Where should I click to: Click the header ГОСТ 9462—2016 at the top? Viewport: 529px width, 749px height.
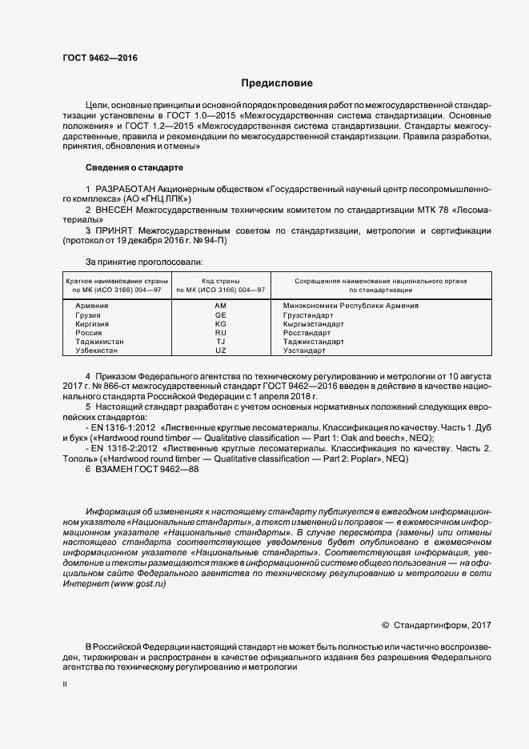tap(98, 58)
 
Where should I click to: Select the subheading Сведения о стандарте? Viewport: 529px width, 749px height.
tap(134, 168)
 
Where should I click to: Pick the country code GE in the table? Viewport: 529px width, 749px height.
tap(221, 315)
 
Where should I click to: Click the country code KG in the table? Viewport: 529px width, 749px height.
tap(221, 324)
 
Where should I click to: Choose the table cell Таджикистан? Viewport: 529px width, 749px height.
tap(99, 342)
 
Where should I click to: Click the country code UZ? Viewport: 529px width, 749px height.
tap(221, 350)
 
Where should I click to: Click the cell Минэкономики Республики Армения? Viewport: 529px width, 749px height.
tap(346, 306)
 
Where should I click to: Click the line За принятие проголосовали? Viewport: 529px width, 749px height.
tap(143, 261)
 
